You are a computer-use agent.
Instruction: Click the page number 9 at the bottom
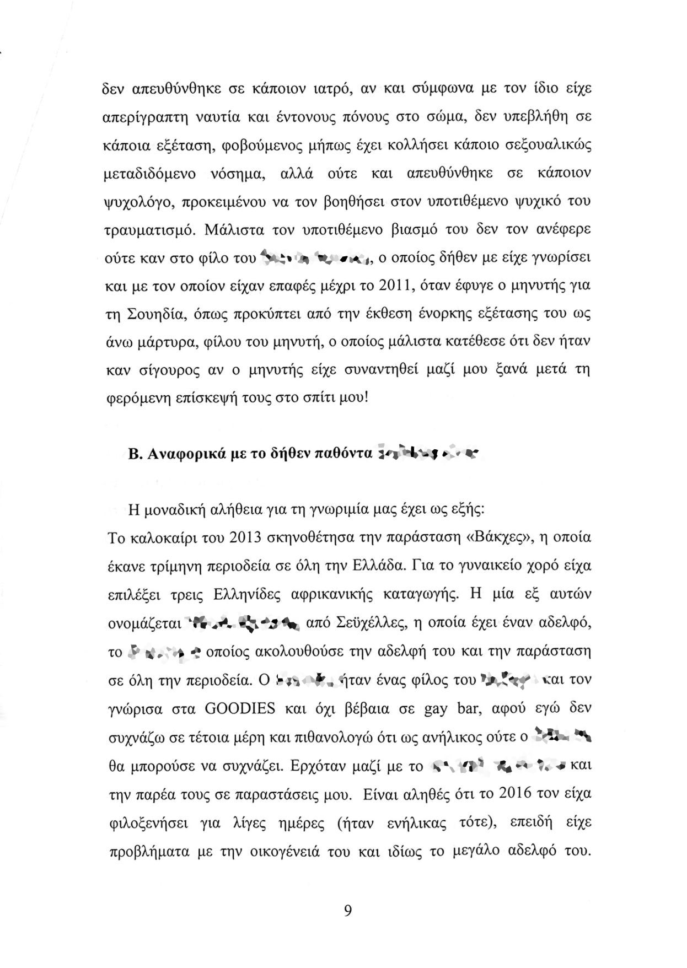(x=347, y=910)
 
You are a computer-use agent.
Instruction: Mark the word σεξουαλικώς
(x=549, y=146)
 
